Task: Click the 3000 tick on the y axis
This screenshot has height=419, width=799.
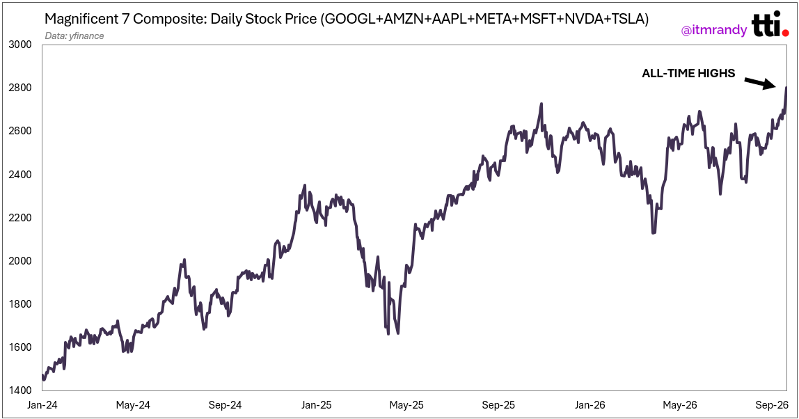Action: click(20, 45)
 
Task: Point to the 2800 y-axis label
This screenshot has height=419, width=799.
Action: click(20, 88)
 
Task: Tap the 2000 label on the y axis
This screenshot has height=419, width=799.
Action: click(20, 260)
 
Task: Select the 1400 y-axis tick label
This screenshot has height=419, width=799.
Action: click(20, 390)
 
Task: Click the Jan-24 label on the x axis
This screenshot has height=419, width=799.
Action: click(42, 405)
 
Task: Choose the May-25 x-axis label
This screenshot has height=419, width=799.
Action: click(406, 405)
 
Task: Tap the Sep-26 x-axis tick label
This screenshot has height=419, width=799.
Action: click(772, 405)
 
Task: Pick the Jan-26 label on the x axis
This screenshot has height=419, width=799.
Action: click(590, 405)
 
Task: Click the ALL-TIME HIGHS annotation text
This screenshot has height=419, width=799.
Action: click(688, 73)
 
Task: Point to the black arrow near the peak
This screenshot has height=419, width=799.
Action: click(759, 83)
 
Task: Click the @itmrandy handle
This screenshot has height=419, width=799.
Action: click(714, 31)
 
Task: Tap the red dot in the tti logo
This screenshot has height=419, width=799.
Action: click(785, 33)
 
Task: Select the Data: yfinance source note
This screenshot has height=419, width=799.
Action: click(74, 35)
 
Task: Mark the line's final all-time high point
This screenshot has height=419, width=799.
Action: click(786, 87)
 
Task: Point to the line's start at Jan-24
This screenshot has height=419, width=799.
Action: click(43, 376)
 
